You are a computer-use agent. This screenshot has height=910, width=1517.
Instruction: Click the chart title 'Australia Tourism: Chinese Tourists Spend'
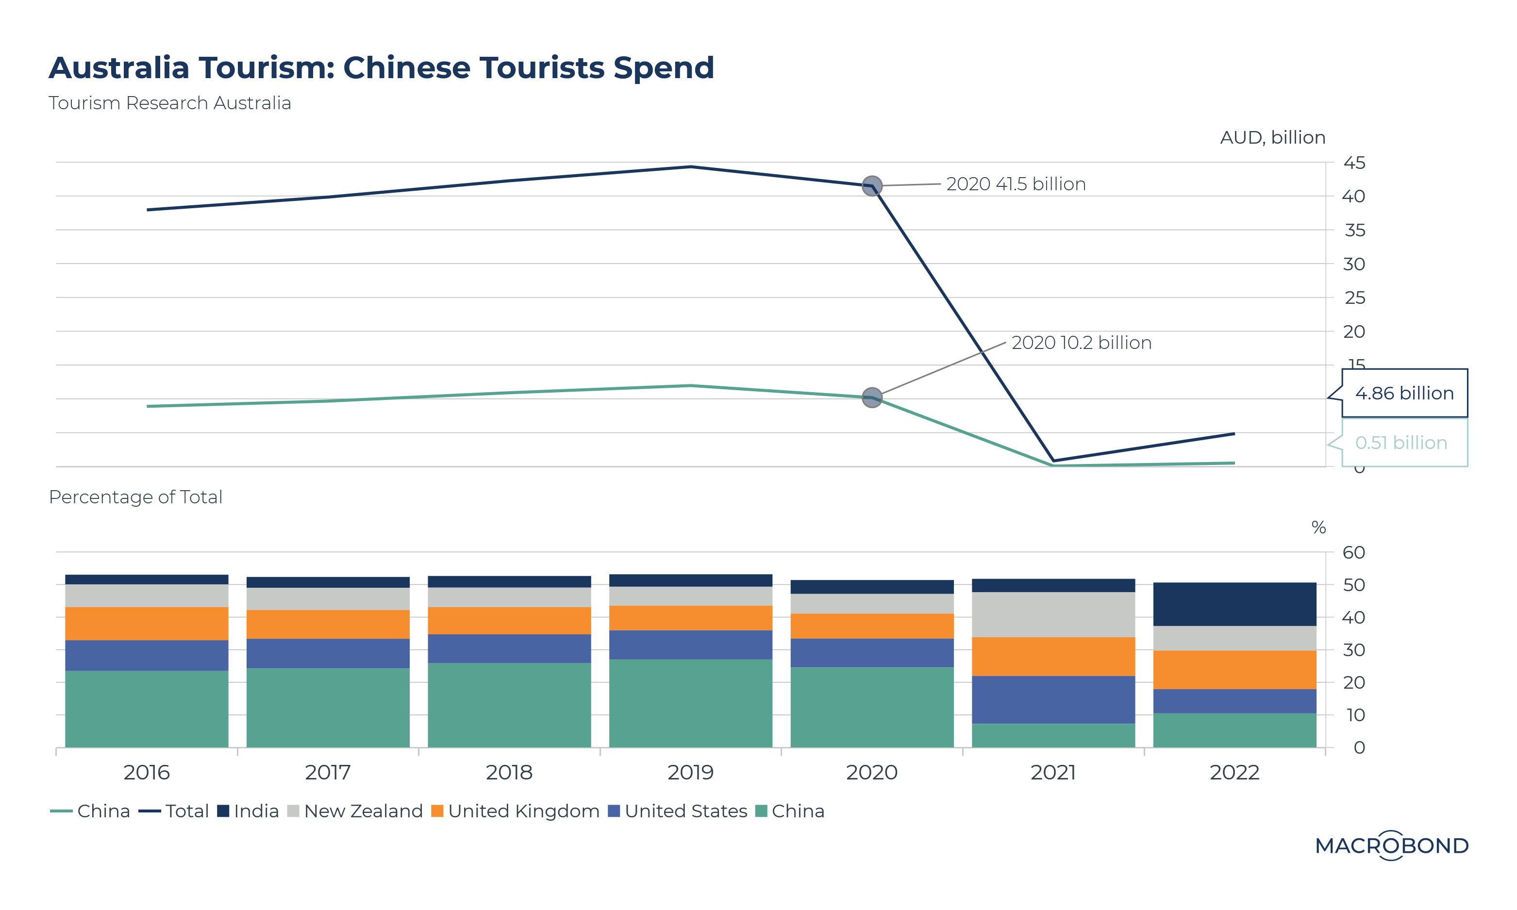[x=382, y=67]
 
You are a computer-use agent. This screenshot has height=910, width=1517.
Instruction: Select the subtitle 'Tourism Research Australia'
[x=170, y=103]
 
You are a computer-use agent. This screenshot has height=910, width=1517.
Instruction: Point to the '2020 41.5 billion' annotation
[x=1016, y=184]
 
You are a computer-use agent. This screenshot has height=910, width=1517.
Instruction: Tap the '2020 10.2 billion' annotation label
[x=1081, y=343]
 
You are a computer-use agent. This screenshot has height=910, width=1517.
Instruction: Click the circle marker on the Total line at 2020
[x=872, y=186]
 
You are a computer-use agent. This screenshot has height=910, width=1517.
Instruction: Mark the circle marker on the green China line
[x=872, y=397]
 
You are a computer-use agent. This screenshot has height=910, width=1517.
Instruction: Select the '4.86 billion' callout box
[x=1404, y=393]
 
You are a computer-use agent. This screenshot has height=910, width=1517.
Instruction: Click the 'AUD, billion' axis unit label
[x=1272, y=137]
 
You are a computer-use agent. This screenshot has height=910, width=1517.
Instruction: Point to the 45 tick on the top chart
[x=1354, y=163]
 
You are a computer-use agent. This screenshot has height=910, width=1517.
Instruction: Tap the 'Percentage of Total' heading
[x=135, y=496]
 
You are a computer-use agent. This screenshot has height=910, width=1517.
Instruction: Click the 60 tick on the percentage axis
[x=1353, y=552]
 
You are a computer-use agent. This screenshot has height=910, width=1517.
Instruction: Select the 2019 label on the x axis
[x=690, y=772]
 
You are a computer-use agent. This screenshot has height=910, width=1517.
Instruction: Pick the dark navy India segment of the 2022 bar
[x=1234, y=604]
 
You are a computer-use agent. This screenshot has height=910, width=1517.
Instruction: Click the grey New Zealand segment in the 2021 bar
[x=1053, y=614]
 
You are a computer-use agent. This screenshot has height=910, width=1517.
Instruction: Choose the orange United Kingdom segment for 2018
[x=509, y=621]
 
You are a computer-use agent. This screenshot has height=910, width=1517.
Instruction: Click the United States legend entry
[x=678, y=811]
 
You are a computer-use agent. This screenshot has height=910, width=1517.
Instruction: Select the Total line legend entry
[x=174, y=811]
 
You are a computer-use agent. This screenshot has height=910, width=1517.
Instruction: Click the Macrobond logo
[x=1391, y=845]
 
